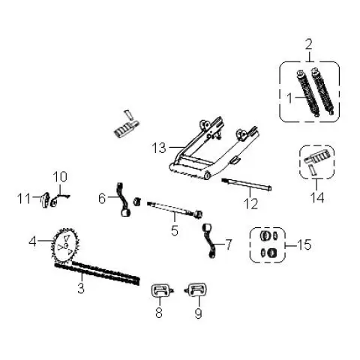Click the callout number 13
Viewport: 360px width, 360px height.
tap(159, 148)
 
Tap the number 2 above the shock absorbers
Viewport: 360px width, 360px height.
tap(309, 44)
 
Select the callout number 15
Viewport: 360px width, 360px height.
tap(304, 244)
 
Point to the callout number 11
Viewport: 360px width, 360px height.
tap(24, 199)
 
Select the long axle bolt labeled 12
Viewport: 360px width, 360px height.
tap(247, 185)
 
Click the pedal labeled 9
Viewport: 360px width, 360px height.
tap(196, 289)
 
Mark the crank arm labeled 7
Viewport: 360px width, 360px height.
tap(209, 241)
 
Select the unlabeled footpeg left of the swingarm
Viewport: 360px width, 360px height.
tap(126, 127)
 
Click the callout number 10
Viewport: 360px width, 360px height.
tap(60, 177)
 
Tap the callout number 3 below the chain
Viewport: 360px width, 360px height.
tap(81, 288)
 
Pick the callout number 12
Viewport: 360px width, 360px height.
tap(250, 204)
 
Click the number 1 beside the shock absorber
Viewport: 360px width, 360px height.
tap(289, 98)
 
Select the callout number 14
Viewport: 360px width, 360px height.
tap(317, 197)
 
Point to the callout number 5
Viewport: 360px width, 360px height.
tap(175, 230)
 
